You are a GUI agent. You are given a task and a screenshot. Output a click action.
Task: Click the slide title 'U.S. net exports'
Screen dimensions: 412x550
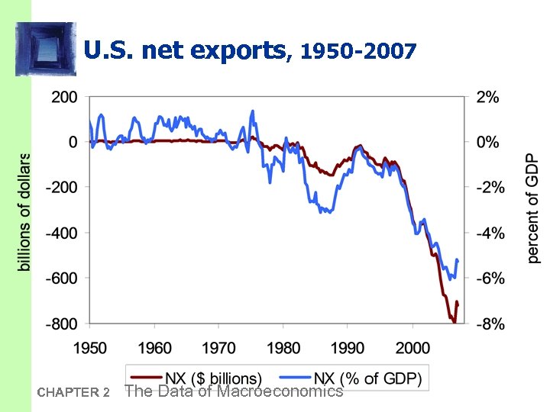click(183, 51)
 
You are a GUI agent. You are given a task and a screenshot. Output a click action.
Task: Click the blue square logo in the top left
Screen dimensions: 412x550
click(45, 48)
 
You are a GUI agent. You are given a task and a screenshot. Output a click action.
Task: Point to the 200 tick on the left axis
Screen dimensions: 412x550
click(63, 97)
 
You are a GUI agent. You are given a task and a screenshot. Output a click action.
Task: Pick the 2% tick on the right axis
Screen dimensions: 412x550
click(488, 97)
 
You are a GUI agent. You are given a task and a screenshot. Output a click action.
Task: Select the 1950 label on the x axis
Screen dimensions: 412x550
click(90, 348)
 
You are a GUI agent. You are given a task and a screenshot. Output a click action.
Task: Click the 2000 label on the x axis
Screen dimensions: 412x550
click(412, 348)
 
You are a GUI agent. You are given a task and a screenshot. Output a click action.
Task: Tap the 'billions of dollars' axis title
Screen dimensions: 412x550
click(24, 211)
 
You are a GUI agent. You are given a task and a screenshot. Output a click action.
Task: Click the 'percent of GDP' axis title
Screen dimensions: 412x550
click(532, 207)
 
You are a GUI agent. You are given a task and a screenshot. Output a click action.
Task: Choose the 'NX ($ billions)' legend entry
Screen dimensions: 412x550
click(196, 378)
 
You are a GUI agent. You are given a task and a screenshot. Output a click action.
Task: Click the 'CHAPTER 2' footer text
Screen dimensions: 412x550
click(73, 393)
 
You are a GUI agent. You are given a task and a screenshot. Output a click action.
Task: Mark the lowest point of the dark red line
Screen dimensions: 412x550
click(454, 322)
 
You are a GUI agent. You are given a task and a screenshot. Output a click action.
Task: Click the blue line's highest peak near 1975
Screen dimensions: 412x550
click(252, 111)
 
